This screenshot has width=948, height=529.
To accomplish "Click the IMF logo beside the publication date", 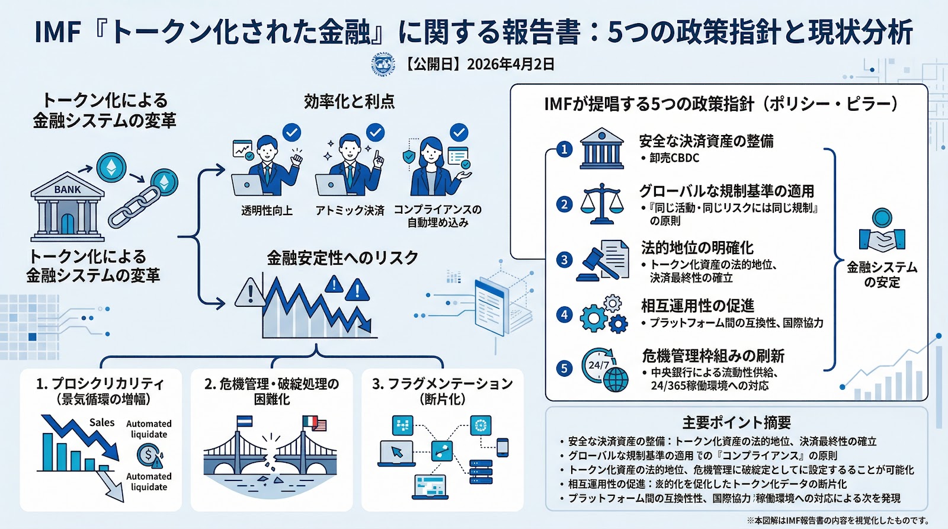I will tap(383, 64).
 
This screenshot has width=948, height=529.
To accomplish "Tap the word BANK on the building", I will tap(68, 190).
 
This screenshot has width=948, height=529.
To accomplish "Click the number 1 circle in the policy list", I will tap(565, 149).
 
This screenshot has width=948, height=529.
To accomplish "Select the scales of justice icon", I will tap(601, 204).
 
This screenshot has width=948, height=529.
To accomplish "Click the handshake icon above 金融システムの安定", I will tap(882, 232).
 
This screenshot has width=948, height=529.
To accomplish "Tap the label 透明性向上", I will tap(267, 210).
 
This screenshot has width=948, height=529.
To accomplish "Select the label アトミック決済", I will tap(350, 210).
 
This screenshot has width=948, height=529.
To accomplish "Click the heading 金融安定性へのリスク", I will tap(342, 258).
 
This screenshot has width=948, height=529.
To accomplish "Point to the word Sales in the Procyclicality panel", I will tap(102, 422).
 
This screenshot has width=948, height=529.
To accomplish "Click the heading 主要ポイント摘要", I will tap(736, 422).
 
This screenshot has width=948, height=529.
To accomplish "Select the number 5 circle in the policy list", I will tap(565, 368).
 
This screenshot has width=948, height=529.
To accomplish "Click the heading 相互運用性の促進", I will tap(697, 306).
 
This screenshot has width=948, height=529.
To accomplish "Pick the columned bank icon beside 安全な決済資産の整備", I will tap(601, 148).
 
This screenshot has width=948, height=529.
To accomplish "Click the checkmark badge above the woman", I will tap(459, 132).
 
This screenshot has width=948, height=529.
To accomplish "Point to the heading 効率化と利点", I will tap(349, 101).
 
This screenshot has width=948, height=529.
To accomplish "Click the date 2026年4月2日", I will tap(511, 64).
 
